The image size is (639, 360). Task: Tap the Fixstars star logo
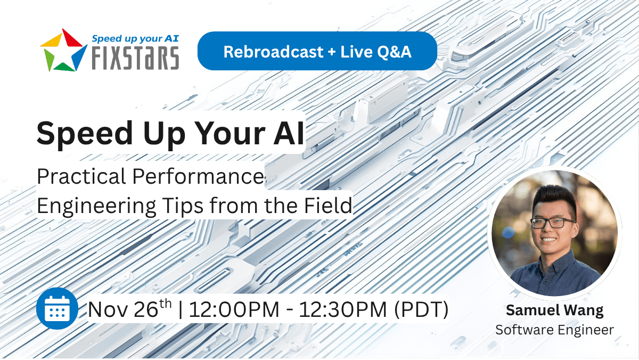click(x=63, y=50)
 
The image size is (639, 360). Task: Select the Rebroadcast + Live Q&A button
click(x=317, y=51)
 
